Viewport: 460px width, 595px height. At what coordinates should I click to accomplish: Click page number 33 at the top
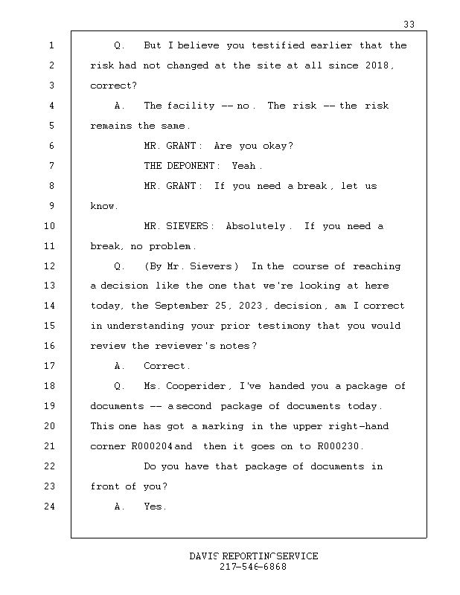click(x=409, y=25)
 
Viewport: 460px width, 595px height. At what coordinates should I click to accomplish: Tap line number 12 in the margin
click(x=51, y=266)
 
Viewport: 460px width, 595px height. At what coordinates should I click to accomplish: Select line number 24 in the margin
click(x=51, y=506)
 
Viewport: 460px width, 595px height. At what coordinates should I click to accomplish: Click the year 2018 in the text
click(x=380, y=65)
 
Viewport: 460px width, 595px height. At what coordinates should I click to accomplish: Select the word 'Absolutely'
click(x=255, y=226)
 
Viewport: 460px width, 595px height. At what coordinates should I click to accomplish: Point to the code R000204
click(x=152, y=446)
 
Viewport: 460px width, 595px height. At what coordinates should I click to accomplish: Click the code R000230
click(x=339, y=446)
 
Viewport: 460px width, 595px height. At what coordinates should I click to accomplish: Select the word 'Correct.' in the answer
click(x=167, y=366)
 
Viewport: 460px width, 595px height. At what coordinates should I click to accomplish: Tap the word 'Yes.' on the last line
click(x=155, y=506)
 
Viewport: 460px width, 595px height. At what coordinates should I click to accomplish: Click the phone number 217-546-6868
click(x=253, y=567)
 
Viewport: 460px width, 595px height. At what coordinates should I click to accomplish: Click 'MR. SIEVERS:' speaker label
click(x=179, y=226)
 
